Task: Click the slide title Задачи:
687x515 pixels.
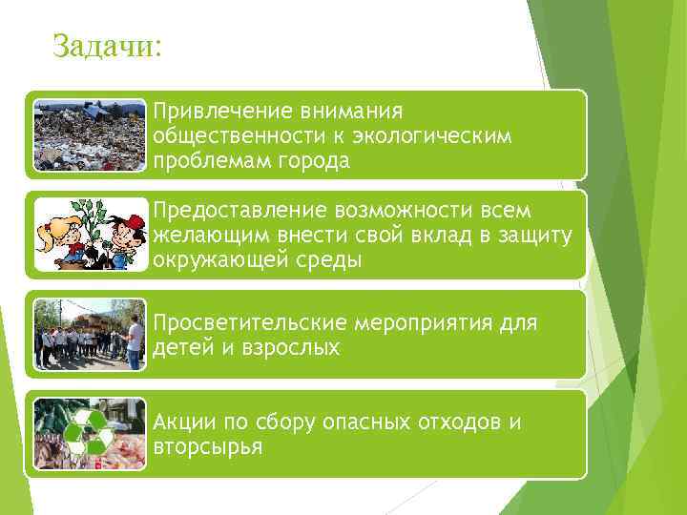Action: click(x=108, y=45)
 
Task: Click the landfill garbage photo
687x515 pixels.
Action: click(x=89, y=134)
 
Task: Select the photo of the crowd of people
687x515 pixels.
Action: click(x=89, y=335)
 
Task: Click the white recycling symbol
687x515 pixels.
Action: click(x=89, y=434)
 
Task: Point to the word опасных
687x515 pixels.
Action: click(x=359, y=422)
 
